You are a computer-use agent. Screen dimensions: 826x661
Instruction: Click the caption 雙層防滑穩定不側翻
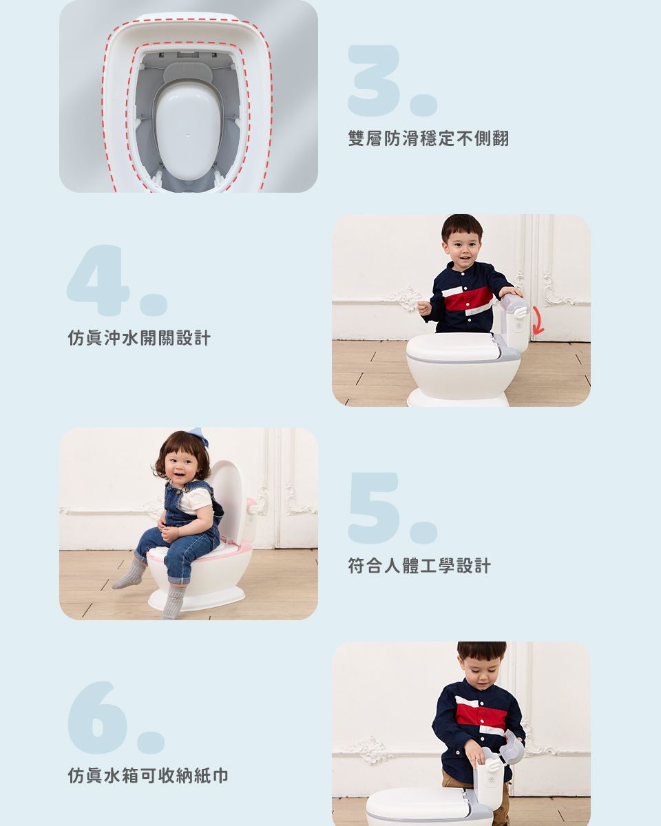428,138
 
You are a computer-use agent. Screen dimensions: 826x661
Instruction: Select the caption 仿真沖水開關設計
139,338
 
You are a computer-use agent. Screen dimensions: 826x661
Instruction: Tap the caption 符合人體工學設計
419,566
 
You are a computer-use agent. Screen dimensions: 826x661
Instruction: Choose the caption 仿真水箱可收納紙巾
148,776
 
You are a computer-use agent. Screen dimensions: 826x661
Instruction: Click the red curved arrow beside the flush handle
537,321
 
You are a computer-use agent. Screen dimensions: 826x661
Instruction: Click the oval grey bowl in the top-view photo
187,131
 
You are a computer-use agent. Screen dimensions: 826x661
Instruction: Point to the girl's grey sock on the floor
129,574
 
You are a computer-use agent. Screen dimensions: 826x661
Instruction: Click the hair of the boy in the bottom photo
481,650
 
